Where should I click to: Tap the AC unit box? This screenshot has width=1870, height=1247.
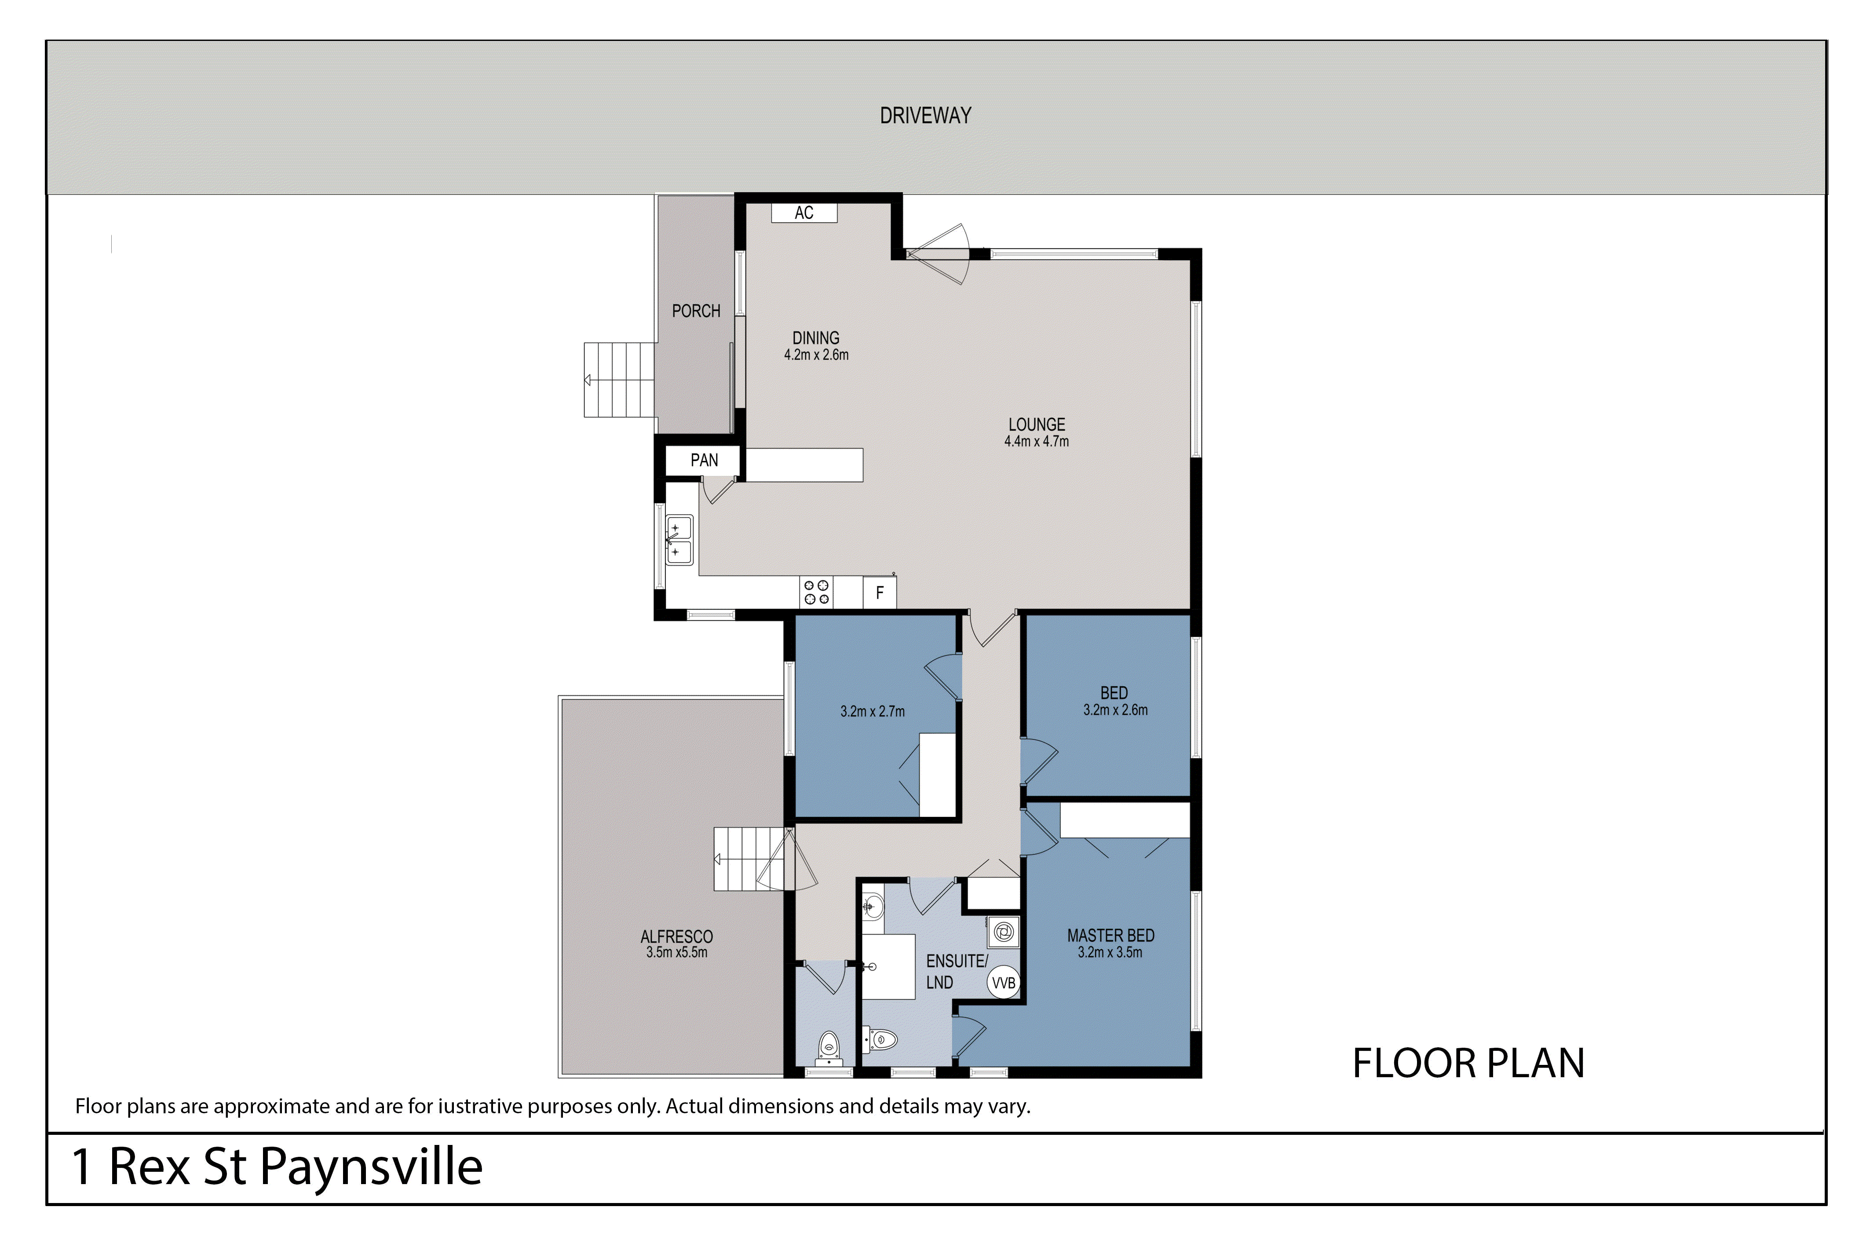pos(804,212)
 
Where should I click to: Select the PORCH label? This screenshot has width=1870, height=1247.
pos(696,311)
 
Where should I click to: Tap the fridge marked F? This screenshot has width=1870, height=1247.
pos(879,592)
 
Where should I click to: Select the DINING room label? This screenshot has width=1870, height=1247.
pos(816,338)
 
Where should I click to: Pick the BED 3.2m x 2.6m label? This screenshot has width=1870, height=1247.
pos(1115,702)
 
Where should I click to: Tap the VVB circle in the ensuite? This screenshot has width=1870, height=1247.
pos(1003,983)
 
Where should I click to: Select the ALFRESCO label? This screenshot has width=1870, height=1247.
pos(676,937)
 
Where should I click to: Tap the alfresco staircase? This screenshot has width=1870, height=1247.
pos(747,859)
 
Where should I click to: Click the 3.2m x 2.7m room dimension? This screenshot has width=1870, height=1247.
pos(872,712)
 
